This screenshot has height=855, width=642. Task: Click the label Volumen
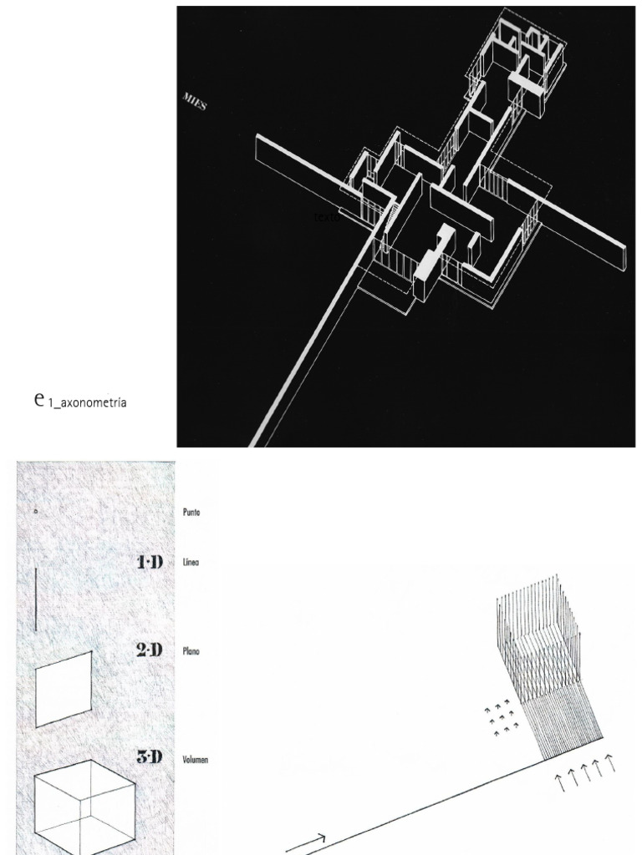tap(196, 760)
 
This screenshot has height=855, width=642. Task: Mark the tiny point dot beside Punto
tap(36, 511)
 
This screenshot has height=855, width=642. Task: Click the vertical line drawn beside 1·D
tap(36, 599)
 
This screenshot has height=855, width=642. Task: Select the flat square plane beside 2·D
tap(63, 689)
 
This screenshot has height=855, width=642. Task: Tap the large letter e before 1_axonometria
tap(39, 400)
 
